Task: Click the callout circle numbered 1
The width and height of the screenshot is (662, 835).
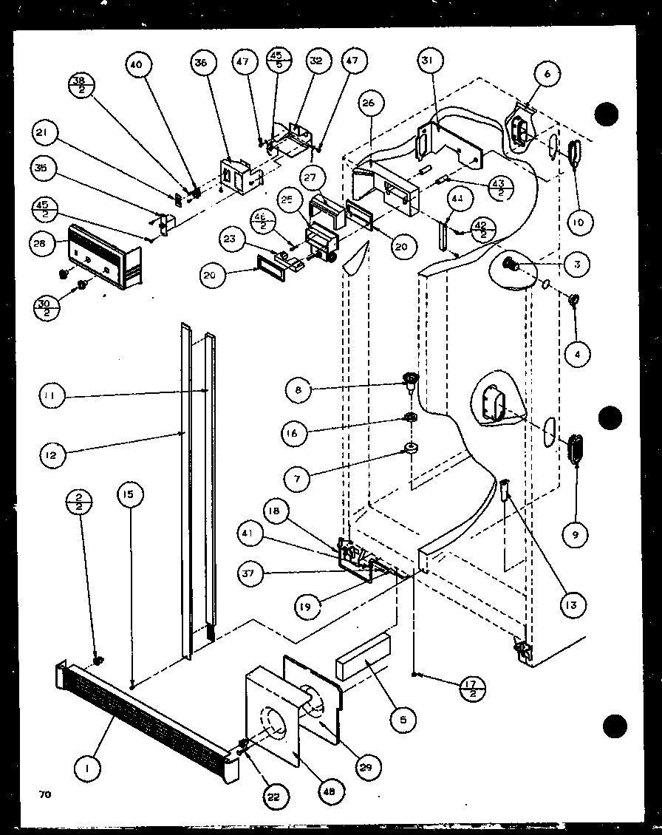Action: (x=89, y=769)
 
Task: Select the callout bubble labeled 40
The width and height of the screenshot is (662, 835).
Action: (x=136, y=64)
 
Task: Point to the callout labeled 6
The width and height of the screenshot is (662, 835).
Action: (x=547, y=73)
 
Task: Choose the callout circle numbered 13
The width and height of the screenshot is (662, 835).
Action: (x=573, y=604)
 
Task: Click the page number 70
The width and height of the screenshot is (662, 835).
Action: (x=45, y=795)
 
